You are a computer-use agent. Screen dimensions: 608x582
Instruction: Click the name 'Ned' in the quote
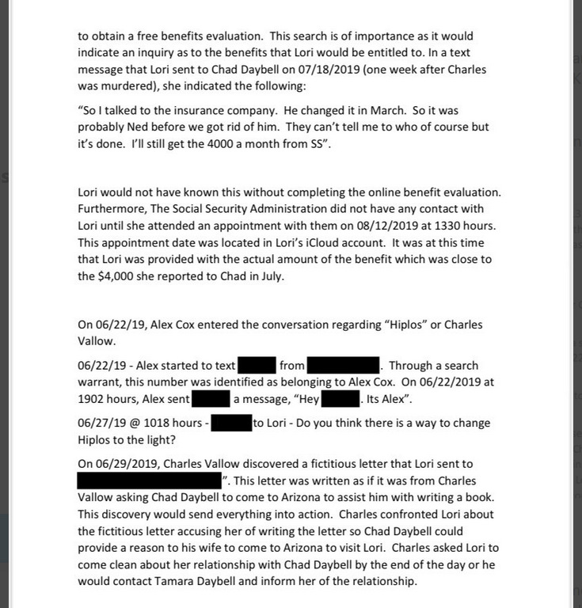150,127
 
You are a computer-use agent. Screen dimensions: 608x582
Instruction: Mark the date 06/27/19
101,424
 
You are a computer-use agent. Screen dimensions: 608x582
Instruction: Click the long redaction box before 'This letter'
150,481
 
